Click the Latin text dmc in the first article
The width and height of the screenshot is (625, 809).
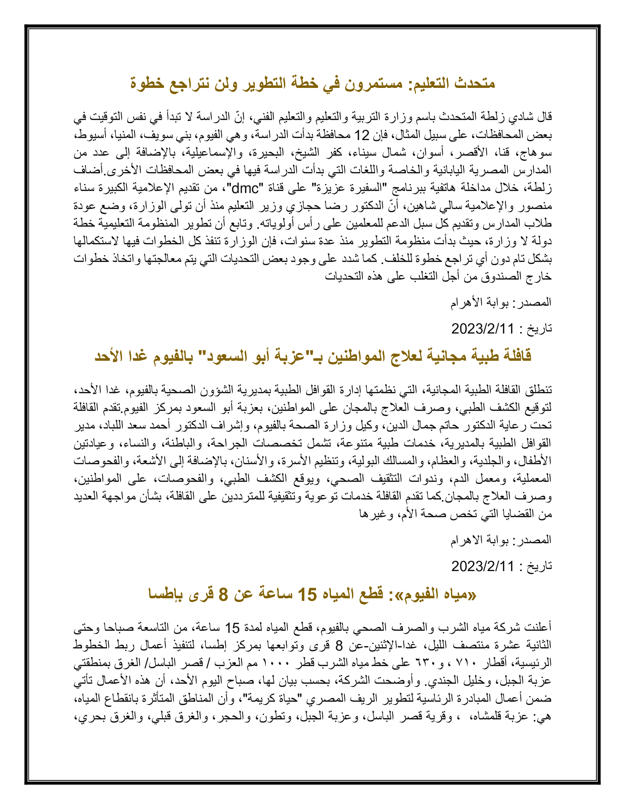click(x=245, y=189)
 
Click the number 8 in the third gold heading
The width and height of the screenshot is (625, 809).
click(x=223, y=594)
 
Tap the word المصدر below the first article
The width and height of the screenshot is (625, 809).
click(x=535, y=302)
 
